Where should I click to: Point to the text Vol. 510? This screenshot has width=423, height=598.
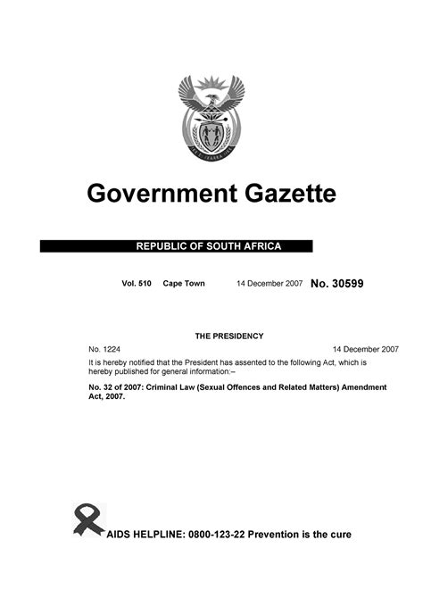[137, 284]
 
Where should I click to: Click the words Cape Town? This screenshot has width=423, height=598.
[184, 284]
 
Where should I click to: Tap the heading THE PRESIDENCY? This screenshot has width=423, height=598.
[229, 336]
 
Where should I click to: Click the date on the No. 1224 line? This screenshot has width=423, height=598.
[364, 349]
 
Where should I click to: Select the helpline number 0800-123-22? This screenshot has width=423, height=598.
[221, 535]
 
